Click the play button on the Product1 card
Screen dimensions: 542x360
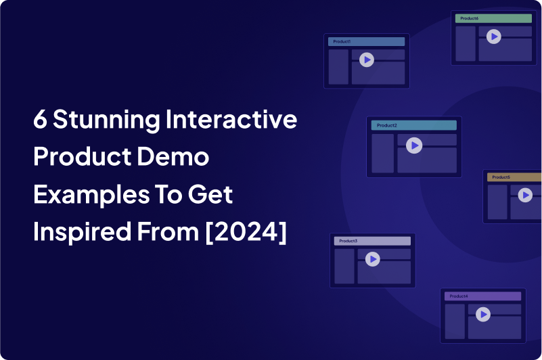coord(367,60)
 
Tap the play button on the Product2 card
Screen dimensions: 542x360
coord(414,145)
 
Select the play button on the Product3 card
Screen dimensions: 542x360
coord(373,259)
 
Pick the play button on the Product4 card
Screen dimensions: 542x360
coord(483,315)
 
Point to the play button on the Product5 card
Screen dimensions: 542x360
coord(525,195)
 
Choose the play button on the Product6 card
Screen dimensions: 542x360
coord(494,37)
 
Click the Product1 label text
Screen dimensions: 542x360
coord(342,41)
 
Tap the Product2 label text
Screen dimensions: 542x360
coord(387,126)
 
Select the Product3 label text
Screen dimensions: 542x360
coord(348,241)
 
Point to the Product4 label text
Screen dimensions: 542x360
coord(459,296)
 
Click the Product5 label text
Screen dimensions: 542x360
coord(501,177)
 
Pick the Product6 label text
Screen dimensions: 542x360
coord(470,18)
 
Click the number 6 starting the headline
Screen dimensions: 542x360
coord(40,119)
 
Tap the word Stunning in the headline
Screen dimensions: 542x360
coord(106,120)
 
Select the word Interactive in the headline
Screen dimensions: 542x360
coord(231,119)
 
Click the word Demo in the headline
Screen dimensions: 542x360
coord(173,157)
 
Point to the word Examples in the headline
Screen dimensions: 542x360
coord(91,195)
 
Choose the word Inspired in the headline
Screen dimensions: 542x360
coord(83,232)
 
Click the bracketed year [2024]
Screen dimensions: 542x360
coord(246,231)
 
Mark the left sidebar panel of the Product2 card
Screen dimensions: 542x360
coord(383,154)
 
